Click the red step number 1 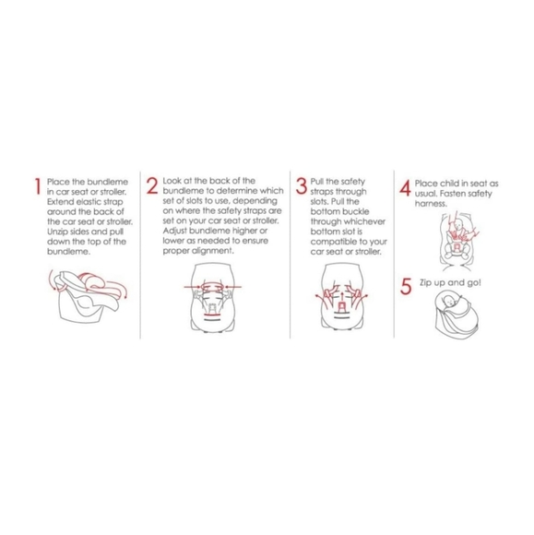[38, 186]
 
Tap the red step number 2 [152, 185]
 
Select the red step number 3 [302, 185]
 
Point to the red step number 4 [405, 188]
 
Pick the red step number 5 [406, 286]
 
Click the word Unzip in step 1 [56, 232]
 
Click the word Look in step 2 [172, 181]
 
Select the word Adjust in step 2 [174, 232]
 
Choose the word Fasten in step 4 [452, 194]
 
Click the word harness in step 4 [431, 204]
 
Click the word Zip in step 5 [425, 283]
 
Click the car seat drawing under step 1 [88, 296]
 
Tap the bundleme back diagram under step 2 [212, 297]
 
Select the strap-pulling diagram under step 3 [341, 296]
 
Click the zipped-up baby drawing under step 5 [457, 315]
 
